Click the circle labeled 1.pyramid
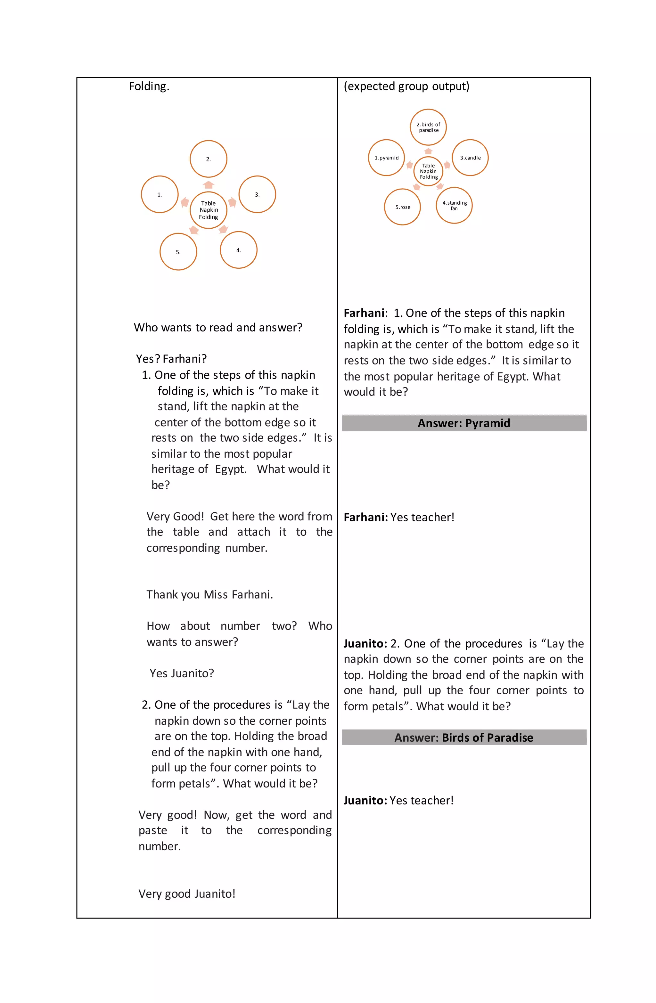[386, 158]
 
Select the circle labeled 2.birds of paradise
[428, 127]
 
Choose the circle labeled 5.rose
[402, 207]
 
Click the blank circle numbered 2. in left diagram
[208, 159]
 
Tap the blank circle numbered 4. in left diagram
[238, 250]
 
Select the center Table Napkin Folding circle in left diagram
[208, 210]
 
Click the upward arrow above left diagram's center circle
[208, 184]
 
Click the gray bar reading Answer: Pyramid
[464, 423]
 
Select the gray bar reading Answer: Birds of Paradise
[464, 738]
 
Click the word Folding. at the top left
[149, 86]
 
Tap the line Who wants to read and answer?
[217, 328]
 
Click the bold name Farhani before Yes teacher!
[365, 517]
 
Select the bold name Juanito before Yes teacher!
[365, 800]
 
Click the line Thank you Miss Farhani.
[209, 595]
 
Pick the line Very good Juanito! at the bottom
[187, 894]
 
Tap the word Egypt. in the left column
[231, 469]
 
